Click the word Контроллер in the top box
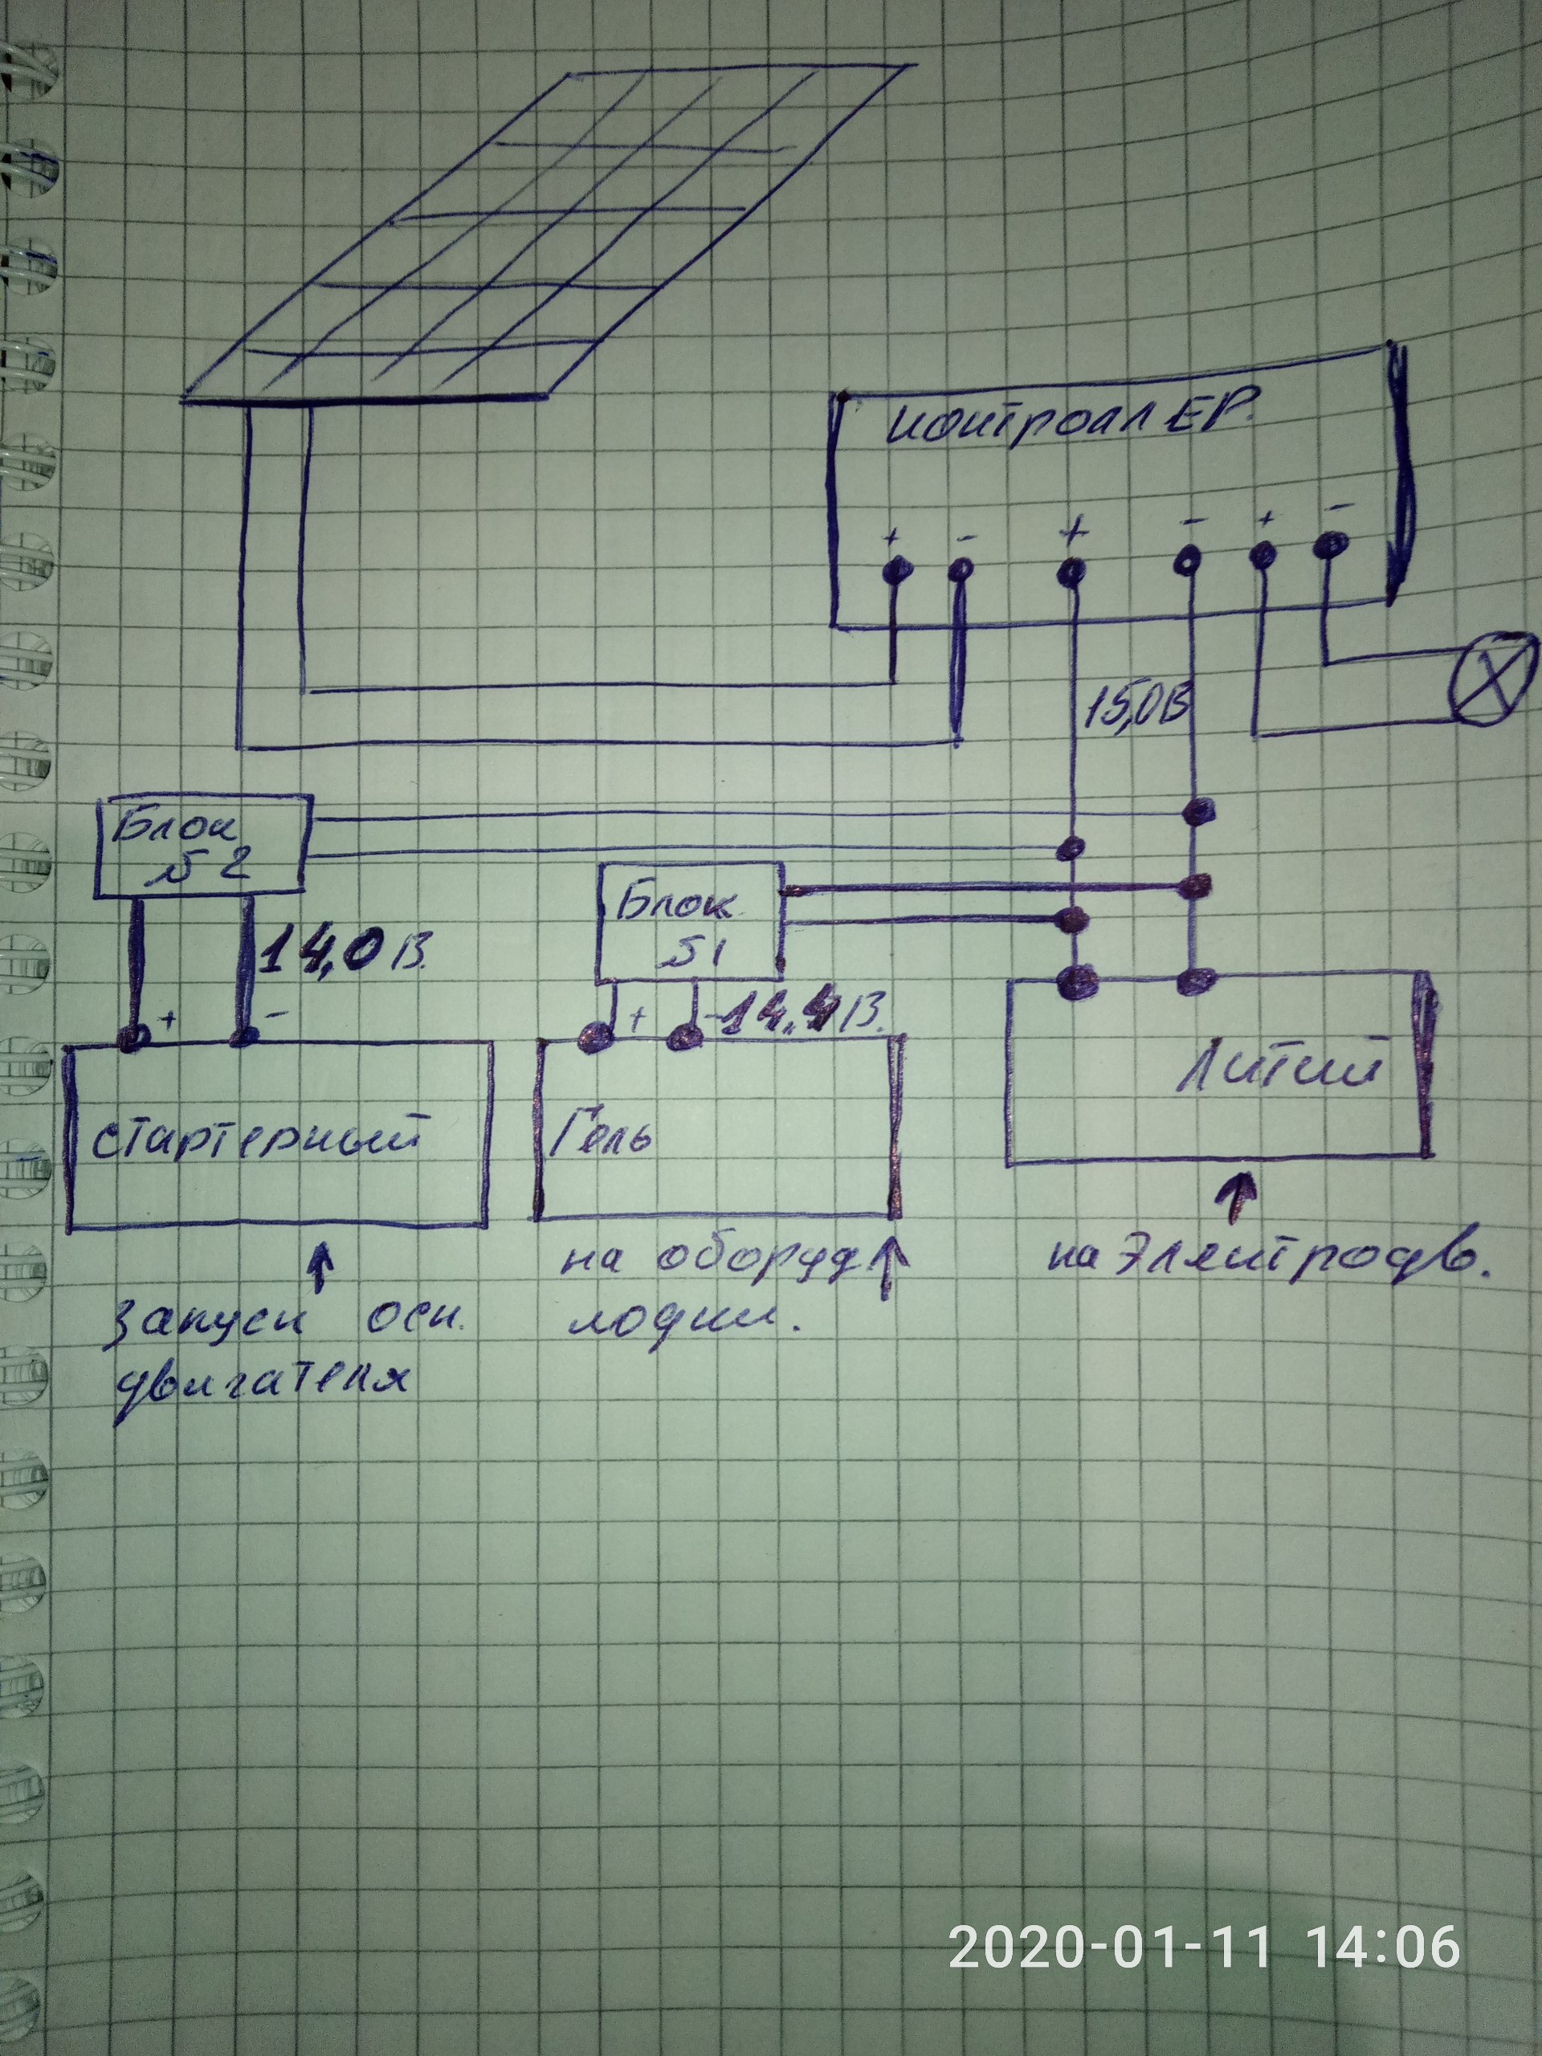(x=1070, y=427)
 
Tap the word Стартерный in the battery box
(x=253, y=1141)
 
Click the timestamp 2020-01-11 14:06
(x=1204, y=1946)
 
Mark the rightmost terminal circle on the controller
(x=1330, y=545)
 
